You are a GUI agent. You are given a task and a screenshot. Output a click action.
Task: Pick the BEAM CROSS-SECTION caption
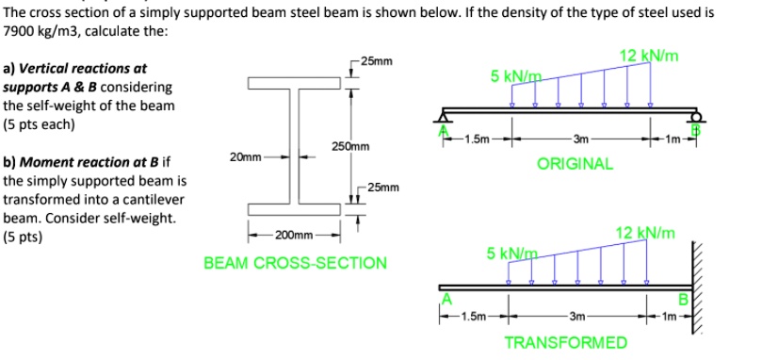pyautogui.click(x=295, y=262)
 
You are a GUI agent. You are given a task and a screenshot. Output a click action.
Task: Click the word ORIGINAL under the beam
pyautogui.click(x=575, y=163)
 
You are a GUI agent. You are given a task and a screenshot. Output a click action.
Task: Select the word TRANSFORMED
pyautogui.click(x=566, y=340)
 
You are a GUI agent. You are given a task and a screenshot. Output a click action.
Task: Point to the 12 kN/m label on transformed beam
pyautogui.click(x=645, y=233)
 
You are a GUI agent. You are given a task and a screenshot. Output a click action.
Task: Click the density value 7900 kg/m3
pyautogui.click(x=43, y=31)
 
